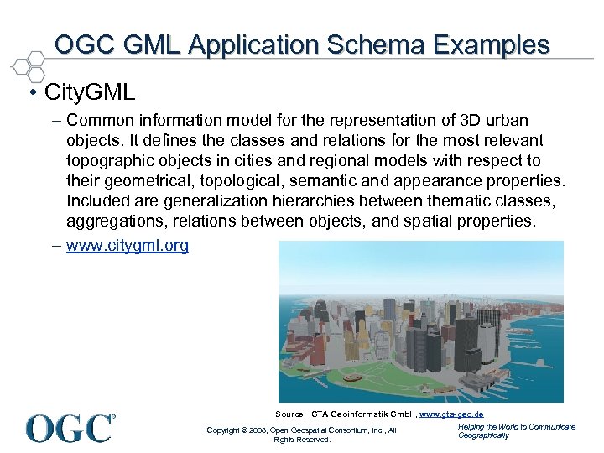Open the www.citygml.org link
(128, 246)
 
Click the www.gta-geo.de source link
(451, 414)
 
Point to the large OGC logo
(70, 428)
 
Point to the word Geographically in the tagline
(483, 435)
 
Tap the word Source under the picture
(289, 414)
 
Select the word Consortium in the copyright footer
(346, 430)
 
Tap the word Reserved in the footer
(315, 440)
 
